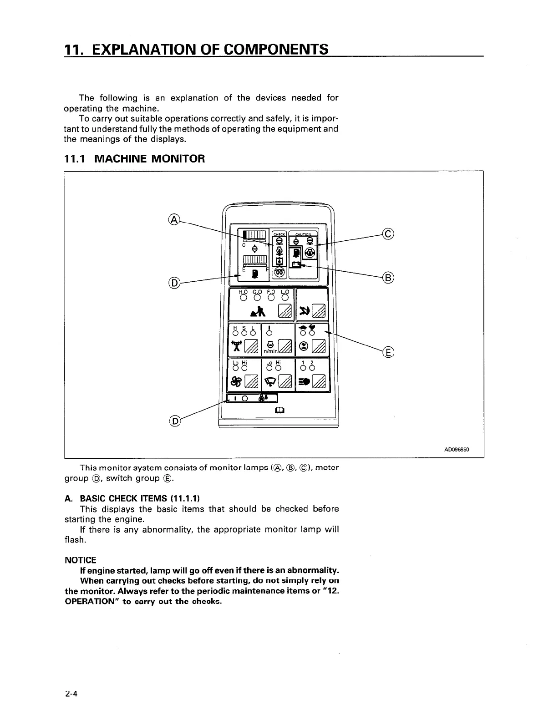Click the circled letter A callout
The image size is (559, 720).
(174, 219)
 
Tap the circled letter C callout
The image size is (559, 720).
(388, 234)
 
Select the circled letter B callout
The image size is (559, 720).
(388, 277)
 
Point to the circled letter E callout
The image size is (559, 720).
(388, 352)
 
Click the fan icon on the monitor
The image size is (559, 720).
(236, 383)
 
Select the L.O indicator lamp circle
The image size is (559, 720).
(285, 298)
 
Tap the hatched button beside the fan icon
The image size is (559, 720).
(252, 383)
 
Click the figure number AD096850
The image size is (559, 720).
(457, 450)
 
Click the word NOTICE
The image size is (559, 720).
(81, 560)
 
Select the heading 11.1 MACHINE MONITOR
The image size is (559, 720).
(135, 159)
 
